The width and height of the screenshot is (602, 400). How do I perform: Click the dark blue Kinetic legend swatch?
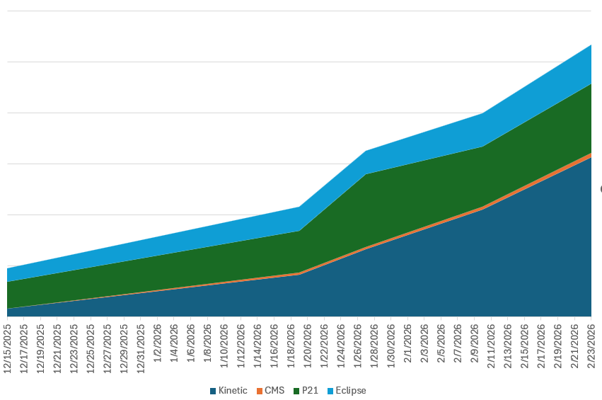click(x=213, y=391)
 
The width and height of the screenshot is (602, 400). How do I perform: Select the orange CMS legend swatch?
click(x=259, y=391)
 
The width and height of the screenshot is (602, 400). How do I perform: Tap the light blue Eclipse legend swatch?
click(x=330, y=391)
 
